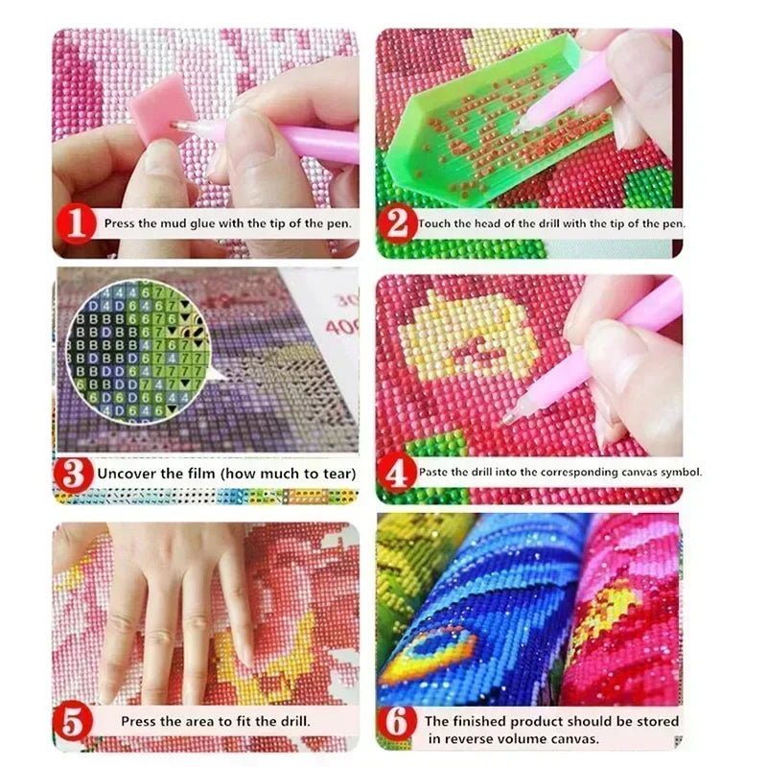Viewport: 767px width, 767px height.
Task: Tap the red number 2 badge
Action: point(397,224)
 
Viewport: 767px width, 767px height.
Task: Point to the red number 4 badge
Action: point(397,472)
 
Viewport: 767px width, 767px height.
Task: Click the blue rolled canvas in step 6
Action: point(479,614)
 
